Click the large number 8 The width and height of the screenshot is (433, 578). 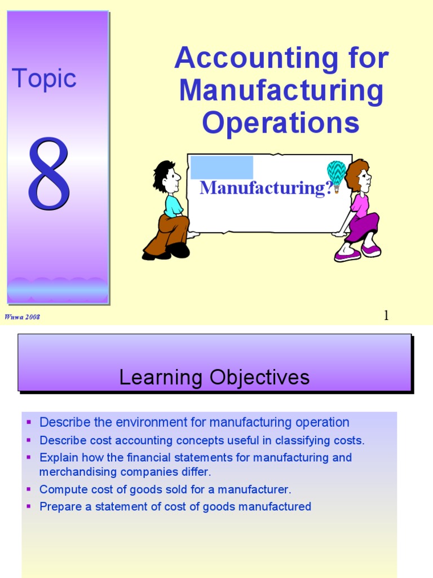click(50, 173)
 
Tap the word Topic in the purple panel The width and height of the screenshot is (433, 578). click(44, 78)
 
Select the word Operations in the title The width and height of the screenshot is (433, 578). click(281, 122)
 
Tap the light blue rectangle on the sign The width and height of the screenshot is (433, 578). click(222, 168)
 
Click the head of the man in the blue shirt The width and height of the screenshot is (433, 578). click(167, 177)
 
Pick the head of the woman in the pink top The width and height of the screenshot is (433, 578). click(359, 176)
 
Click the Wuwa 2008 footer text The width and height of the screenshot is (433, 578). click(23, 317)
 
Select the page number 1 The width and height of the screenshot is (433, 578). click(386, 316)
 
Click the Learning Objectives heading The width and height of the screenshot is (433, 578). click(214, 377)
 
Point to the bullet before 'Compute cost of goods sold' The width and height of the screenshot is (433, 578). click(29, 489)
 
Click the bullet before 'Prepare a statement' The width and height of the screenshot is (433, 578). click(29, 506)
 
